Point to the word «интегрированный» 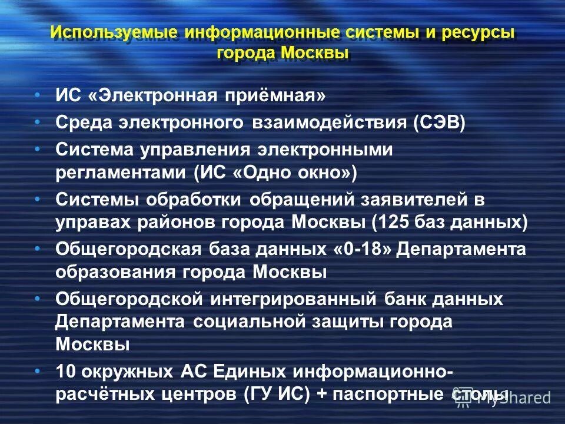pyautogui.click(x=293, y=299)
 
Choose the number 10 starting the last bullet pyautogui.click(x=65, y=372)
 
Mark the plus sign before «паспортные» pyautogui.click(x=321, y=395)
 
